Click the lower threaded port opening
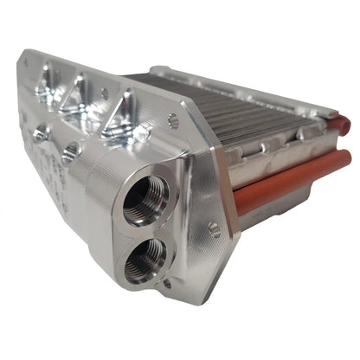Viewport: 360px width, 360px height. point(142,260)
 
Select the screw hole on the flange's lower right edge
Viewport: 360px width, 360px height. point(214,228)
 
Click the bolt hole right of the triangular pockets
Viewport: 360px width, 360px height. point(172,122)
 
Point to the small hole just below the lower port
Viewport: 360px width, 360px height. point(168,282)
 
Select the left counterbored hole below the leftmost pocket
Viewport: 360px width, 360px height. point(41,133)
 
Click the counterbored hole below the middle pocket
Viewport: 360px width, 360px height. point(71,150)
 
